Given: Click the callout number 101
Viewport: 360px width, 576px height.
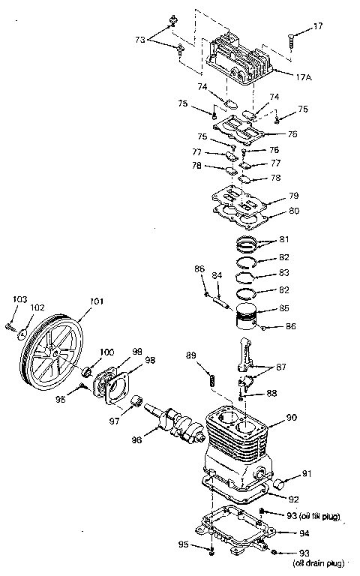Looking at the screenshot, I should coord(96,303).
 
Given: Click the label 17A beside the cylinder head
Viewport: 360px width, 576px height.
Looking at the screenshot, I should coord(304,76).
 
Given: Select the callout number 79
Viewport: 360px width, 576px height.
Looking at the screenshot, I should coord(294,197).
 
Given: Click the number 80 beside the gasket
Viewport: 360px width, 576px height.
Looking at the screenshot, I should coord(294,211).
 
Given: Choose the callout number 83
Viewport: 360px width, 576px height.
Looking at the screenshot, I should coord(283,273).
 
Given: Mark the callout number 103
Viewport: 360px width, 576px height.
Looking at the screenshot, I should coord(19,300).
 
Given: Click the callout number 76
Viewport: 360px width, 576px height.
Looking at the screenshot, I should coord(292,133).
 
